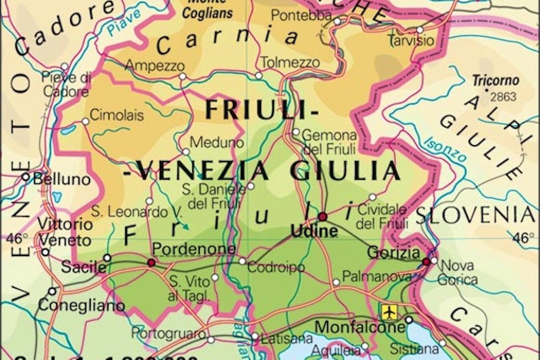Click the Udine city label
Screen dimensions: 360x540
pos(314,231)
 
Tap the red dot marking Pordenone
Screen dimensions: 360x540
pos(152,262)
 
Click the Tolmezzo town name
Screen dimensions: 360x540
pos(290,63)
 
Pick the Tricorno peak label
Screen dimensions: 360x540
pos(496,81)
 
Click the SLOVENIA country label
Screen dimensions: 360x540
pos(476,215)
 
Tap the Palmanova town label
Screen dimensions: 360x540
pos(377,277)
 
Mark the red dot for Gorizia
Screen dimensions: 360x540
pos(426,261)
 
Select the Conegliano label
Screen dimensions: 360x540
pos(81,306)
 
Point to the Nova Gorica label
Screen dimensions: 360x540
pos(457,272)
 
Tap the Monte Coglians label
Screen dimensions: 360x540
pos(206,10)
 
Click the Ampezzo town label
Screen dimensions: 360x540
pos(155,66)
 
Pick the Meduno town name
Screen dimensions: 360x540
pos(217,143)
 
